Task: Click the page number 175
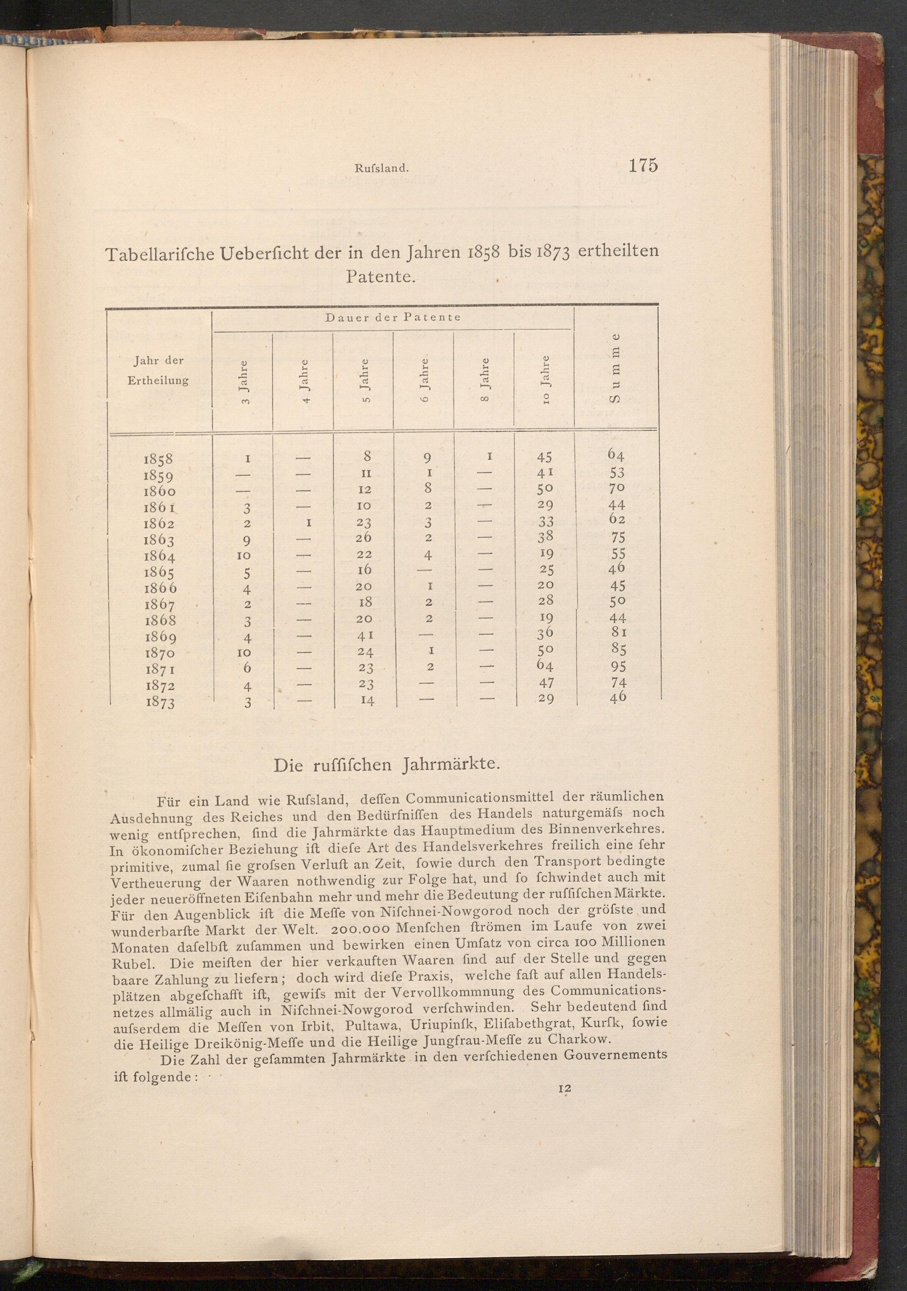[643, 166]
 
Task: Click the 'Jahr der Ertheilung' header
[158, 370]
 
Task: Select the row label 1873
[159, 702]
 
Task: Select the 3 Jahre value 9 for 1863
[246, 541]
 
